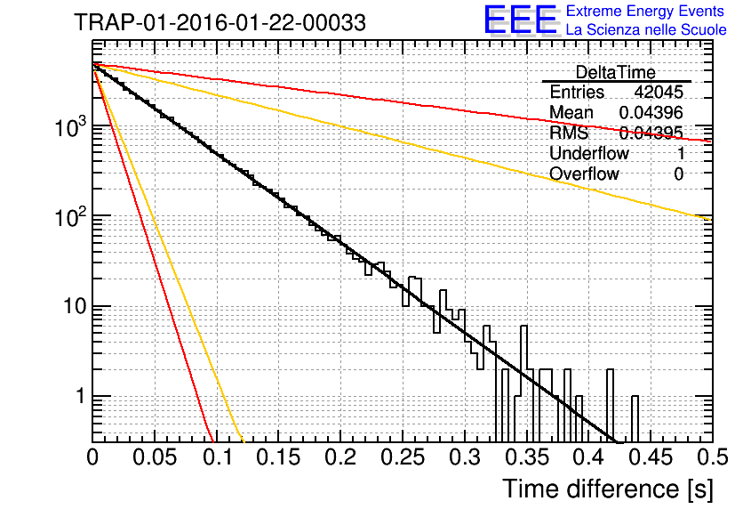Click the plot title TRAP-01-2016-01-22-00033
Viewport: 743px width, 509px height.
220,22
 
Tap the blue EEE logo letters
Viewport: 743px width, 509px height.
520,20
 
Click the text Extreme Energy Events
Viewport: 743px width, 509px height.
645,11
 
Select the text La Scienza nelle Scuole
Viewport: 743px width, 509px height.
646,29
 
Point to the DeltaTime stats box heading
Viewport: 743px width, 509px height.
616,72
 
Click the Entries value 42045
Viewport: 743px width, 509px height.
659,92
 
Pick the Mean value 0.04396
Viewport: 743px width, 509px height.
651,112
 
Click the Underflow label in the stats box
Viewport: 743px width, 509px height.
589,153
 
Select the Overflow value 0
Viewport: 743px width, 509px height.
678,174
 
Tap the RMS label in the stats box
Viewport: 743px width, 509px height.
569,133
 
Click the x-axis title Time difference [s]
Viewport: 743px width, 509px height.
608,489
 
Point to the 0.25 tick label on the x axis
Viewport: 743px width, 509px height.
403,457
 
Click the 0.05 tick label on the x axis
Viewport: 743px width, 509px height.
155,457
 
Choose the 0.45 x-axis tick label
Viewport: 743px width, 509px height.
651,457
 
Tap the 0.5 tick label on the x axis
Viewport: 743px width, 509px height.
713,457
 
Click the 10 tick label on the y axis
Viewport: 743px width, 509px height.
75,307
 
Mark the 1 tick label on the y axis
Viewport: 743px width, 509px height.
81,396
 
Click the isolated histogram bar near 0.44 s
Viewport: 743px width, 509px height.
635,418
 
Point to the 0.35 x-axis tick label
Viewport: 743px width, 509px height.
527,457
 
